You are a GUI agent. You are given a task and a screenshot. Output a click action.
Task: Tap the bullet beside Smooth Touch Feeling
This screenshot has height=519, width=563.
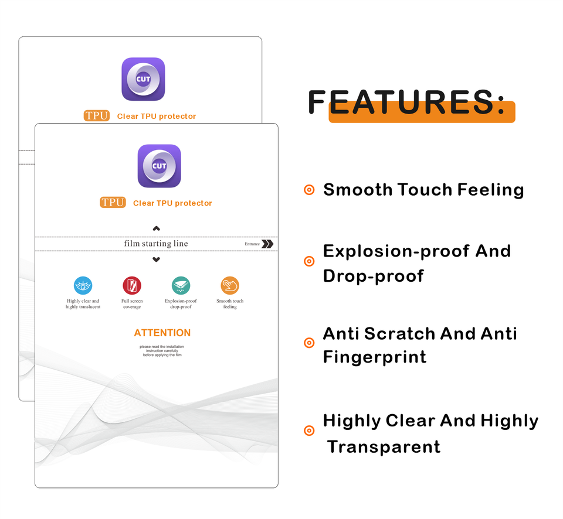pos(309,190)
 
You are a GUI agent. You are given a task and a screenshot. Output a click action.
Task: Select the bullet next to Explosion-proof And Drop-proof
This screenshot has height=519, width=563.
pos(309,261)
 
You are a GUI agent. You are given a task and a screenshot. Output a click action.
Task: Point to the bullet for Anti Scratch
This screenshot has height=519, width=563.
pos(309,343)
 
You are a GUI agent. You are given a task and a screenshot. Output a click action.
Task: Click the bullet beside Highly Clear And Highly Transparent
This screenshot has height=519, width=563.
pos(309,431)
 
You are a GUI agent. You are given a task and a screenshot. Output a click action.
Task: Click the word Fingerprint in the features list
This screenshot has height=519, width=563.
pos(375,357)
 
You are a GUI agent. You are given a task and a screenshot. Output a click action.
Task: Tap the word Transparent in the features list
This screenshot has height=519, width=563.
pos(384,446)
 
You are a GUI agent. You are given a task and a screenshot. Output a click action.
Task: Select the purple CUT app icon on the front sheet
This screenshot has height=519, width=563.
pos(159,166)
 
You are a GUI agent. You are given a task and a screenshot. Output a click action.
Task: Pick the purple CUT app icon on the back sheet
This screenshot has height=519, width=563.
pos(143,79)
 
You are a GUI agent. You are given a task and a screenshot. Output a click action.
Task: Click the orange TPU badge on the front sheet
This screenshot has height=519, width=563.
pos(113,203)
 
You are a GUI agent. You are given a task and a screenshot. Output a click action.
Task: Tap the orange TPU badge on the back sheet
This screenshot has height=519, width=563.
pos(96,116)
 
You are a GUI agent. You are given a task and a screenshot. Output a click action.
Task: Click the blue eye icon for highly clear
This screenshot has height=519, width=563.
pos(83,286)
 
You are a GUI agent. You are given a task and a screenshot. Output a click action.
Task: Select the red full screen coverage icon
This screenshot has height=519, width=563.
pos(132,286)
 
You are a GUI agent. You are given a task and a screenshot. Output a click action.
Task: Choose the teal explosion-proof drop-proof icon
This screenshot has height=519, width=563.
pos(181,286)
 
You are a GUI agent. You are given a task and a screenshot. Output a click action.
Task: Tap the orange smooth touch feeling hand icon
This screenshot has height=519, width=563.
pos(230,286)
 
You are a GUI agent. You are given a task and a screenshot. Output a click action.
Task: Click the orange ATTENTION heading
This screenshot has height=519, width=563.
pos(162,333)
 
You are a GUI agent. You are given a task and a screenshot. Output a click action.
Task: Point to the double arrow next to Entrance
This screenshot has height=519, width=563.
pos(267,244)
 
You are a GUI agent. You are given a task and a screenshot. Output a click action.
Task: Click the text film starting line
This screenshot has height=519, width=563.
pos(156,244)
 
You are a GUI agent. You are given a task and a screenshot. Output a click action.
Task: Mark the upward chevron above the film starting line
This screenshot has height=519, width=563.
pos(156,228)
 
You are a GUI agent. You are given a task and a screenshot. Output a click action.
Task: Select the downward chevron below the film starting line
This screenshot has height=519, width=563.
pos(156,259)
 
